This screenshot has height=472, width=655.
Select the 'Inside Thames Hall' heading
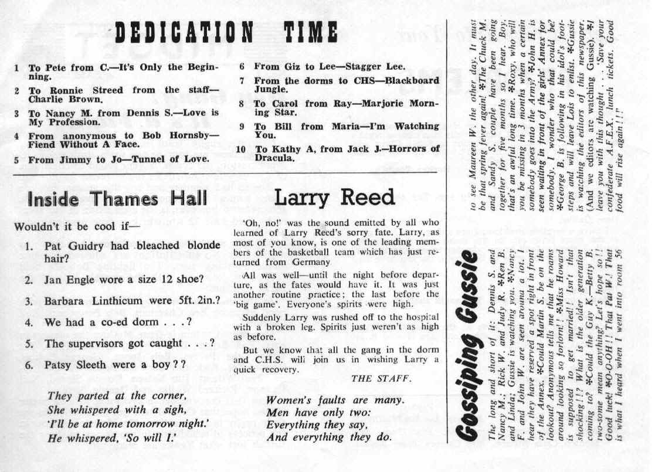pos(110,199)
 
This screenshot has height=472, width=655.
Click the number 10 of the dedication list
pos(240,149)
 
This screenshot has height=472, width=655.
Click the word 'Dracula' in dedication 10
pos(273,158)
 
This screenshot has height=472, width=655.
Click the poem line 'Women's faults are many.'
pos(335,402)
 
